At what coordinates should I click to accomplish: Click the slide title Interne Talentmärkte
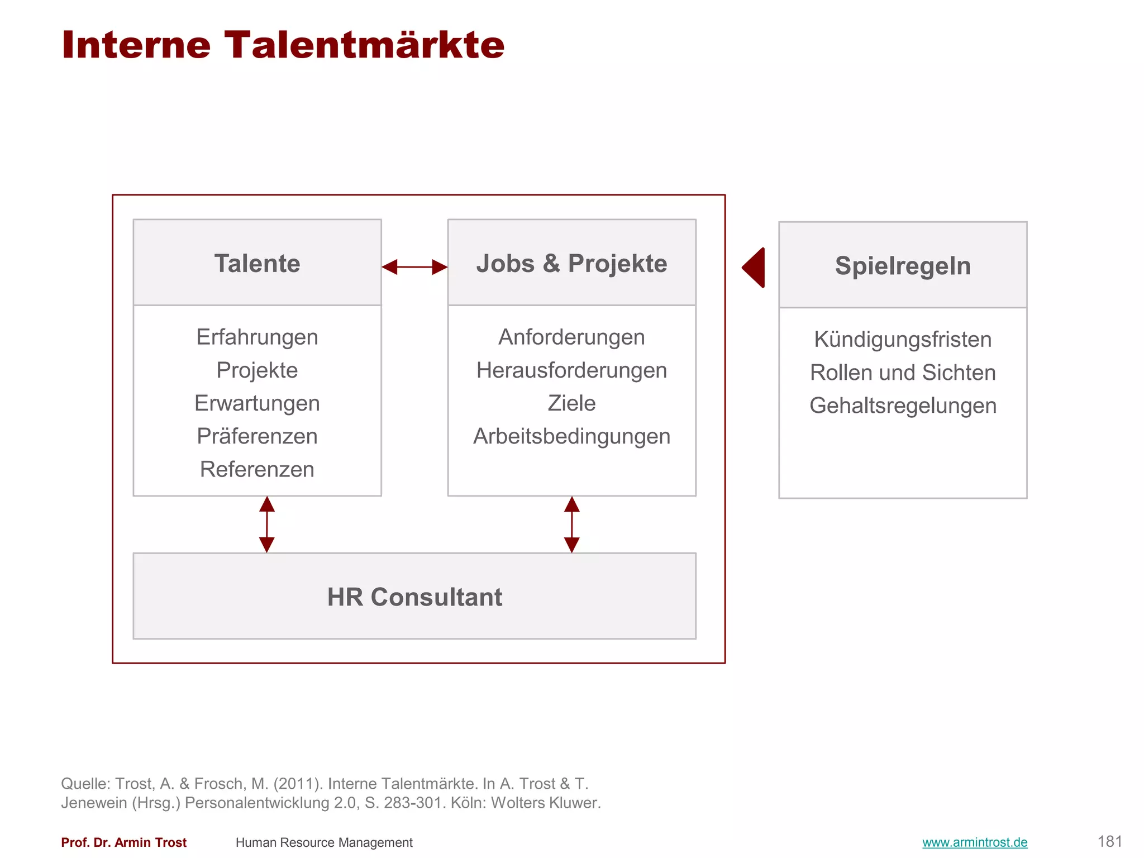(283, 45)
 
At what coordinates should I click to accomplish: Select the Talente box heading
(257, 264)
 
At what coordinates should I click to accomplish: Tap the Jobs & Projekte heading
(571, 264)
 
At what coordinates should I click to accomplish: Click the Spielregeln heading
(903, 266)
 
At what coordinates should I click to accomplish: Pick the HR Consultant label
(414, 597)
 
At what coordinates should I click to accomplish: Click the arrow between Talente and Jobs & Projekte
(414, 267)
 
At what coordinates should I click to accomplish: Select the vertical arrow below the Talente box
(267, 525)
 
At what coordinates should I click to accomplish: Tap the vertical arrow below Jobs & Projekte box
(571, 525)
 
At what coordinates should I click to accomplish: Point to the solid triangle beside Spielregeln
(755, 268)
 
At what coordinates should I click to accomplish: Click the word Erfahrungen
(257, 337)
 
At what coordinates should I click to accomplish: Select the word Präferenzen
(257, 436)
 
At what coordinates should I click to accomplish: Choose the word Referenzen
(257, 469)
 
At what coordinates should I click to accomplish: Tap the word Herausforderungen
(571, 370)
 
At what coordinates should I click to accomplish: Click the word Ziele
(571, 403)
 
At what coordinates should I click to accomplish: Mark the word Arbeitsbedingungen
(571, 436)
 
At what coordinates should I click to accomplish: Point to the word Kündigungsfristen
(903, 340)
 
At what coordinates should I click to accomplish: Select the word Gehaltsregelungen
(903, 406)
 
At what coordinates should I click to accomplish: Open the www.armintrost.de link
(975, 842)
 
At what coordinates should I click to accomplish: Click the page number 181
(1109, 841)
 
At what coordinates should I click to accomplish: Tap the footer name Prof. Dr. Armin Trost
(123, 842)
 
